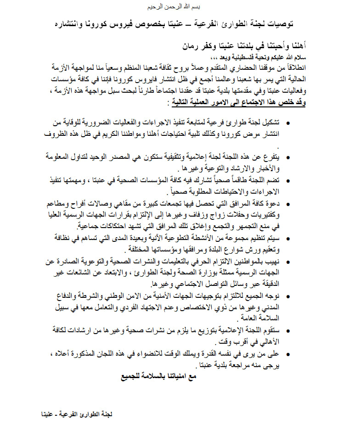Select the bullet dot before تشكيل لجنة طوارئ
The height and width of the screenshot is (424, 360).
288,123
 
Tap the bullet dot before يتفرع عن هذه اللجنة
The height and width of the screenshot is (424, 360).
288,157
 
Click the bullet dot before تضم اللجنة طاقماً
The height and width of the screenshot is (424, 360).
288,180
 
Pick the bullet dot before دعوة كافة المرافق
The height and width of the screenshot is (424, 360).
288,202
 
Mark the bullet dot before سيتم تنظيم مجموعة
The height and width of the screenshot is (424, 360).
288,237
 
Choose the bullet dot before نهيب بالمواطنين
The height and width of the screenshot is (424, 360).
288,262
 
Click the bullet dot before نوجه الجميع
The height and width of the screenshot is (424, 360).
288,296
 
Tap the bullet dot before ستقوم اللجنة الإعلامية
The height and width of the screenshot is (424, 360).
288,331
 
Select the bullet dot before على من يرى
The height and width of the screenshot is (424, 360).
288,354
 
